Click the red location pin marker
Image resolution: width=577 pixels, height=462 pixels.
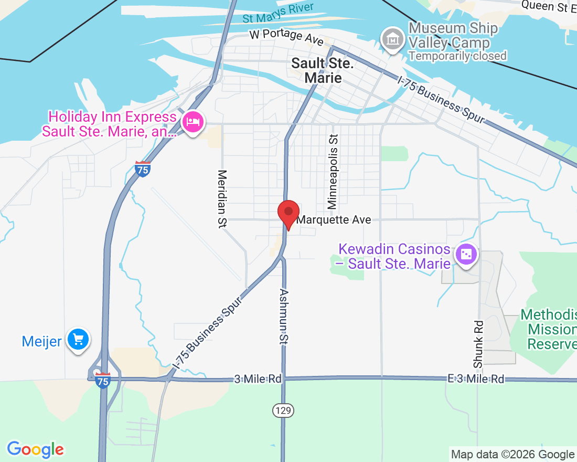pos(288,213)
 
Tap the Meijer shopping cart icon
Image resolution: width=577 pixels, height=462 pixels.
pos(79,340)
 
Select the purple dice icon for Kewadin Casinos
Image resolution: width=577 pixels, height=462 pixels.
pos(465,256)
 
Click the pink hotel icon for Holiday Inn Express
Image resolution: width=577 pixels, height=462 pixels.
pos(193,122)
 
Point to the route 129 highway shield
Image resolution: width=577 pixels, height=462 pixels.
pos(282,409)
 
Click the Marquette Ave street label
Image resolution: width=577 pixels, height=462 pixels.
pos(334,220)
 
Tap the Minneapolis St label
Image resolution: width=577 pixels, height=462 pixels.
pos(333,171)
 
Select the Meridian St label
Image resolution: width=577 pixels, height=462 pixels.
pos(222,198)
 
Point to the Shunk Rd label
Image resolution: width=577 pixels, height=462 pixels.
pos(478,344)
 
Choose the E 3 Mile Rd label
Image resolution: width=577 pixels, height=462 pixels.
pos(476,379)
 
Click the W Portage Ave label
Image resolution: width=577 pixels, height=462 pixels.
pos(286,36)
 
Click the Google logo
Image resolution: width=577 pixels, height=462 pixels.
pos(35,449)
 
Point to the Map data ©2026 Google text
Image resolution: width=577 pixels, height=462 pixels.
pos(512,455)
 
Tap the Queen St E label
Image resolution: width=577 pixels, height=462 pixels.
pos(549,6)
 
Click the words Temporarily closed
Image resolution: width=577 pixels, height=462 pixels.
pos(457,56)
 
